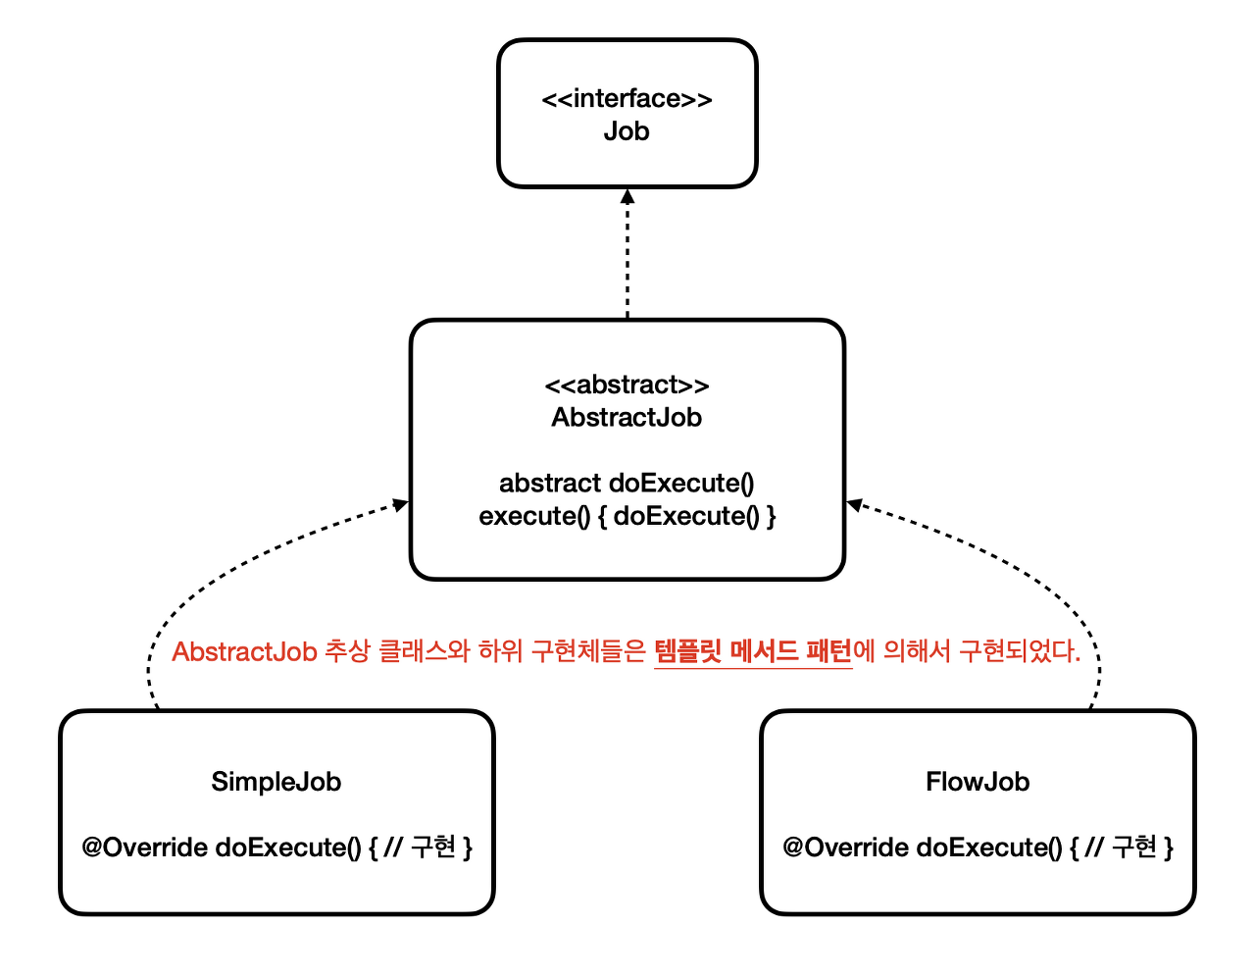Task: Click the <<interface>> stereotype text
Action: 627,99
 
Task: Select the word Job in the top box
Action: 627,131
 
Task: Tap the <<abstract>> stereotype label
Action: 627,385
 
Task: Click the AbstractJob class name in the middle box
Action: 627,418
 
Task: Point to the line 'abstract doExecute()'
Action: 627,483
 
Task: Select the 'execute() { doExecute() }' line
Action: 627,516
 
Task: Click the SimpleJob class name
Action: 276,782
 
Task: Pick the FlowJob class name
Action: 978,782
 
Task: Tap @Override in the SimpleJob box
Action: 144,848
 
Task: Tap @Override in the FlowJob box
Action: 845,848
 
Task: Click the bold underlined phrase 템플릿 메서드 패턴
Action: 752,651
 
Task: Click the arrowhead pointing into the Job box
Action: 627,196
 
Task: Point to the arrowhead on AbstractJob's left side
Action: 400,504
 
